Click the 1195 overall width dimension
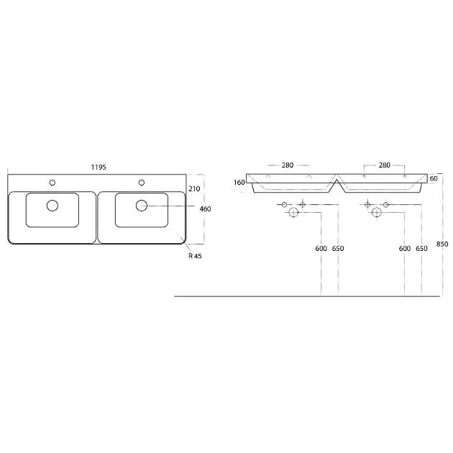point(99,168)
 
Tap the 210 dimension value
point(194,188)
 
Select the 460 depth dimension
point(205,209)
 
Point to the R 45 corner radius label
point(195,256)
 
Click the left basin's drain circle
point(52,206)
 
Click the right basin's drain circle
point(142,206)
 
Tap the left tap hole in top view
point(52,183)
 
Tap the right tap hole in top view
point(142,183)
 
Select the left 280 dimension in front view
point(288,165)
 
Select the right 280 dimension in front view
point(384,165)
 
